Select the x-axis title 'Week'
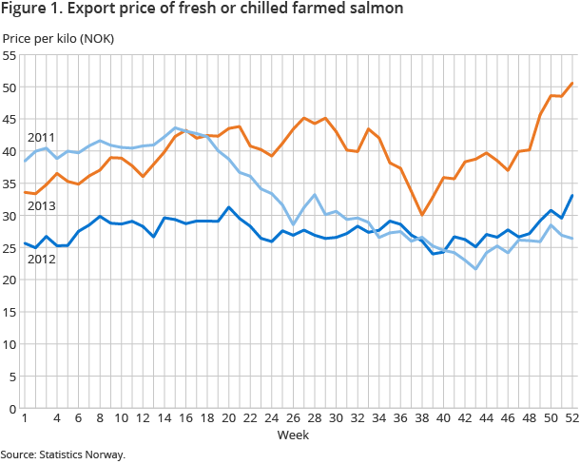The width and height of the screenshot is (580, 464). [293, 435]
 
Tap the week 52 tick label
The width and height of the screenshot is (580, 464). [571, 418]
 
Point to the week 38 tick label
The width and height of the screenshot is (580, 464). [421, 418]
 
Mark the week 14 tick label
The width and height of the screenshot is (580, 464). [164, 418]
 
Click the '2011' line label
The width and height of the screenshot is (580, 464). [40, 138]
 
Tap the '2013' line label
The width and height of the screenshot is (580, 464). [40, 205]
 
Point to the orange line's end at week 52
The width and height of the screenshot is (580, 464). [571, 83]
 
